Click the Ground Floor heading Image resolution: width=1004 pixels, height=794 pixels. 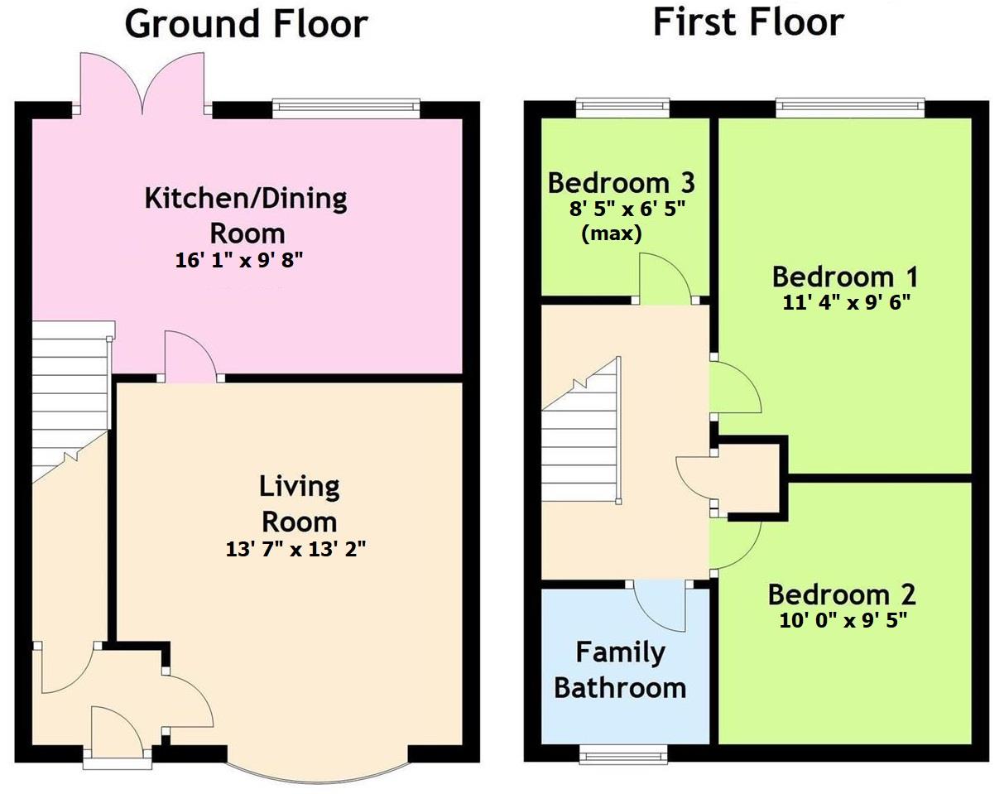point(246,24)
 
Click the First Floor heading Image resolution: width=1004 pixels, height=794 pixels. point(748,21)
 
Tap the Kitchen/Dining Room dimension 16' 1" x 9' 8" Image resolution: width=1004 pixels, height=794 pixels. point(239,260)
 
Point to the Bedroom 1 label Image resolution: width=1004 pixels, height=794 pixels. point(845,277)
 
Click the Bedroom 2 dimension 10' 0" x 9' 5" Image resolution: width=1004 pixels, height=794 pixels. point(843,620)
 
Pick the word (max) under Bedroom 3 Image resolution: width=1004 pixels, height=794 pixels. point(612,233)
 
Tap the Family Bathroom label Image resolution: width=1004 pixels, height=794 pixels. point(620,670)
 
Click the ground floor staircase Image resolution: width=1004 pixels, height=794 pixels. point(70,389)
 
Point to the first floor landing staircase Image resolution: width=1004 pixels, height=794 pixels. point(582,447)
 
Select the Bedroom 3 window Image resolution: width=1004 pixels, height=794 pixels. point(622,105)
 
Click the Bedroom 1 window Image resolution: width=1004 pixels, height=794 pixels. point(850,105)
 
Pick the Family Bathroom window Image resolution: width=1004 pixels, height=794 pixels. point(622,753)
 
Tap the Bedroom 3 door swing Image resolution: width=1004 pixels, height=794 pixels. point(665,277)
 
